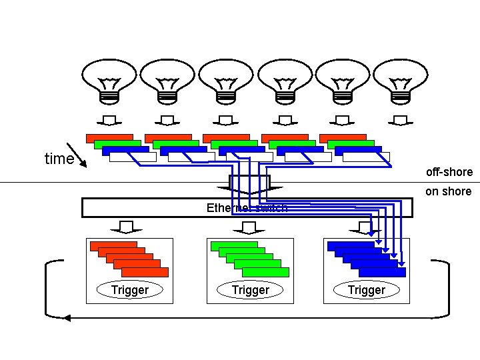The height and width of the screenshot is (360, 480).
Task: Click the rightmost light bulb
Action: [x=400, y=80]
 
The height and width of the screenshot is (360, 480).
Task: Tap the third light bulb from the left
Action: [x=224, y=80]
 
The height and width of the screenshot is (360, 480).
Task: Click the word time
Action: [x=59, y=159]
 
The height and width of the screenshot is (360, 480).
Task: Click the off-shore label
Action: [x=449, y=172]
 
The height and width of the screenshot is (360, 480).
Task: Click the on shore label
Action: [x=448, y=191]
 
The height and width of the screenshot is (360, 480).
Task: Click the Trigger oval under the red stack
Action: [x=130, y=290]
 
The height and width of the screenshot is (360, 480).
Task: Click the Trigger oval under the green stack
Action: [x=250, y=290]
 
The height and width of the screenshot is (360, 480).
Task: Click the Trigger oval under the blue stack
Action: [x=367, y=290]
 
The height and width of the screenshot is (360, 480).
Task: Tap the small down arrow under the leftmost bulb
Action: [x=107, y=121]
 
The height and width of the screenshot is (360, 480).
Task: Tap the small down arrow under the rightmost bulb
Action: [x=400, y=121]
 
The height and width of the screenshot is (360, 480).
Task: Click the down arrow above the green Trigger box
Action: [x=249, y=228]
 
